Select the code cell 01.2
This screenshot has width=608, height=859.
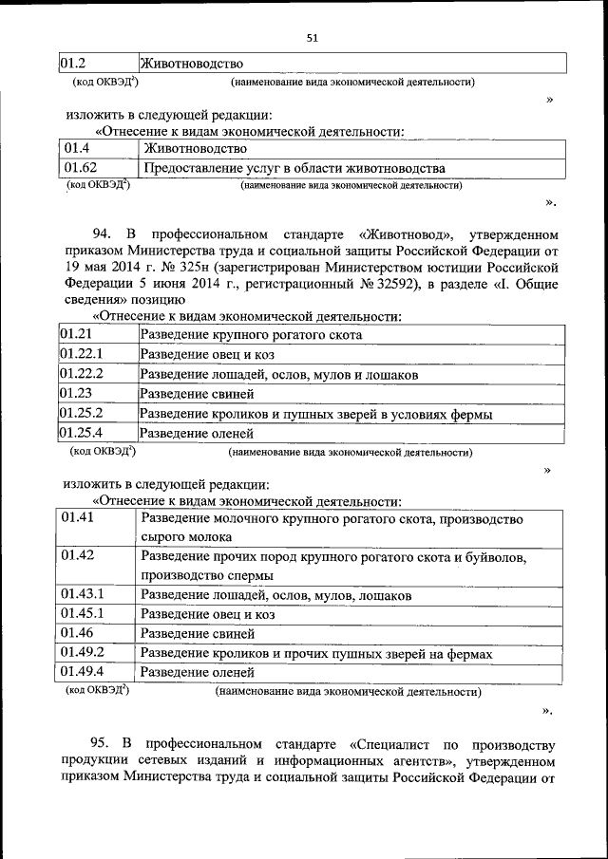[x=73, y=64]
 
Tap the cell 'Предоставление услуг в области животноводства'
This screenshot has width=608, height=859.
[x=294, y=169]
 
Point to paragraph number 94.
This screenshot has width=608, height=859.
[x=102, y=233]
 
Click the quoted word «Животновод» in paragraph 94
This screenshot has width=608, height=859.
[x=404, y=233]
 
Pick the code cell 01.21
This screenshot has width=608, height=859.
[x=76, y=334]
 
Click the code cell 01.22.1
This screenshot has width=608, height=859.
[x=81, y=354]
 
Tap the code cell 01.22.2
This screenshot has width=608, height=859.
[x=81, y=374]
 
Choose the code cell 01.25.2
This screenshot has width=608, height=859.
[x=81, y=414]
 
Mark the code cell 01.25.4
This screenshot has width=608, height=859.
[x=81, y=434]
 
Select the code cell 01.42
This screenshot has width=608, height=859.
[x=78, y=556]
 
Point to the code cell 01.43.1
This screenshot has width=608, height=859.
[x=83, y=594]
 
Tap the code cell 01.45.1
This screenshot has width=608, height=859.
[x=83, y=614]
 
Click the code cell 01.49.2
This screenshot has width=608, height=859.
[x=83, y=652]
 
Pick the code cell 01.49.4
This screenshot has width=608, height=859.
[x=83, y=672]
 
